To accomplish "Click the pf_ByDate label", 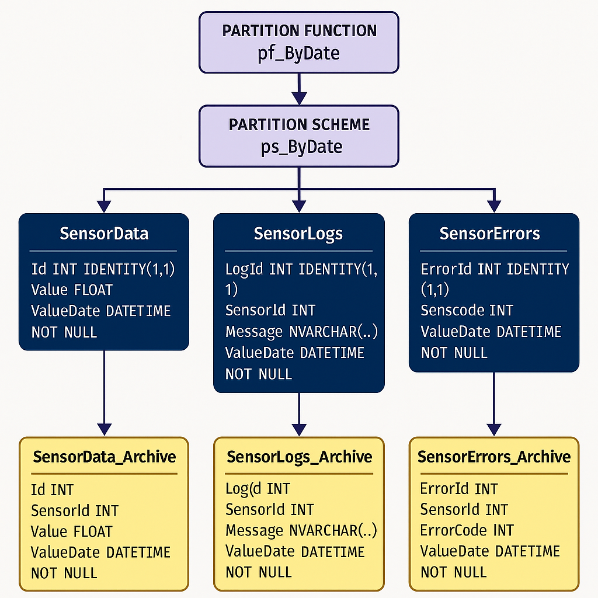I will coord(298,53).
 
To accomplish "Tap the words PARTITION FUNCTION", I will coord(298,31).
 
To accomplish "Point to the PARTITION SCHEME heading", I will coord(298,124).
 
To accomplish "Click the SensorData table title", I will coord(104,234).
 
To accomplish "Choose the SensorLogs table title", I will coord(298,234).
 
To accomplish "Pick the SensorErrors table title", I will coord(489,234).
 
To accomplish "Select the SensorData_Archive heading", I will coord(104,456).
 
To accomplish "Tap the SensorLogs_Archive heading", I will coord(299,456).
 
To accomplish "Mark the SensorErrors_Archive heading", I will coord(494,456).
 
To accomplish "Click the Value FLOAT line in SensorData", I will coord(72,290).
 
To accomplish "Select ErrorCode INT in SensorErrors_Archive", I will coord(467,530).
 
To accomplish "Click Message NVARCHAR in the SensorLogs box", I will coord(301,332).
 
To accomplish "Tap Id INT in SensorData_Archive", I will coord(52,489).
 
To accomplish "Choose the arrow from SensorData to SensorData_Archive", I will coord(104,391).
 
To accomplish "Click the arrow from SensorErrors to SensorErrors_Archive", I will coord(494,403).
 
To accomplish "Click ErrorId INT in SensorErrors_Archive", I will coord(458,489).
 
